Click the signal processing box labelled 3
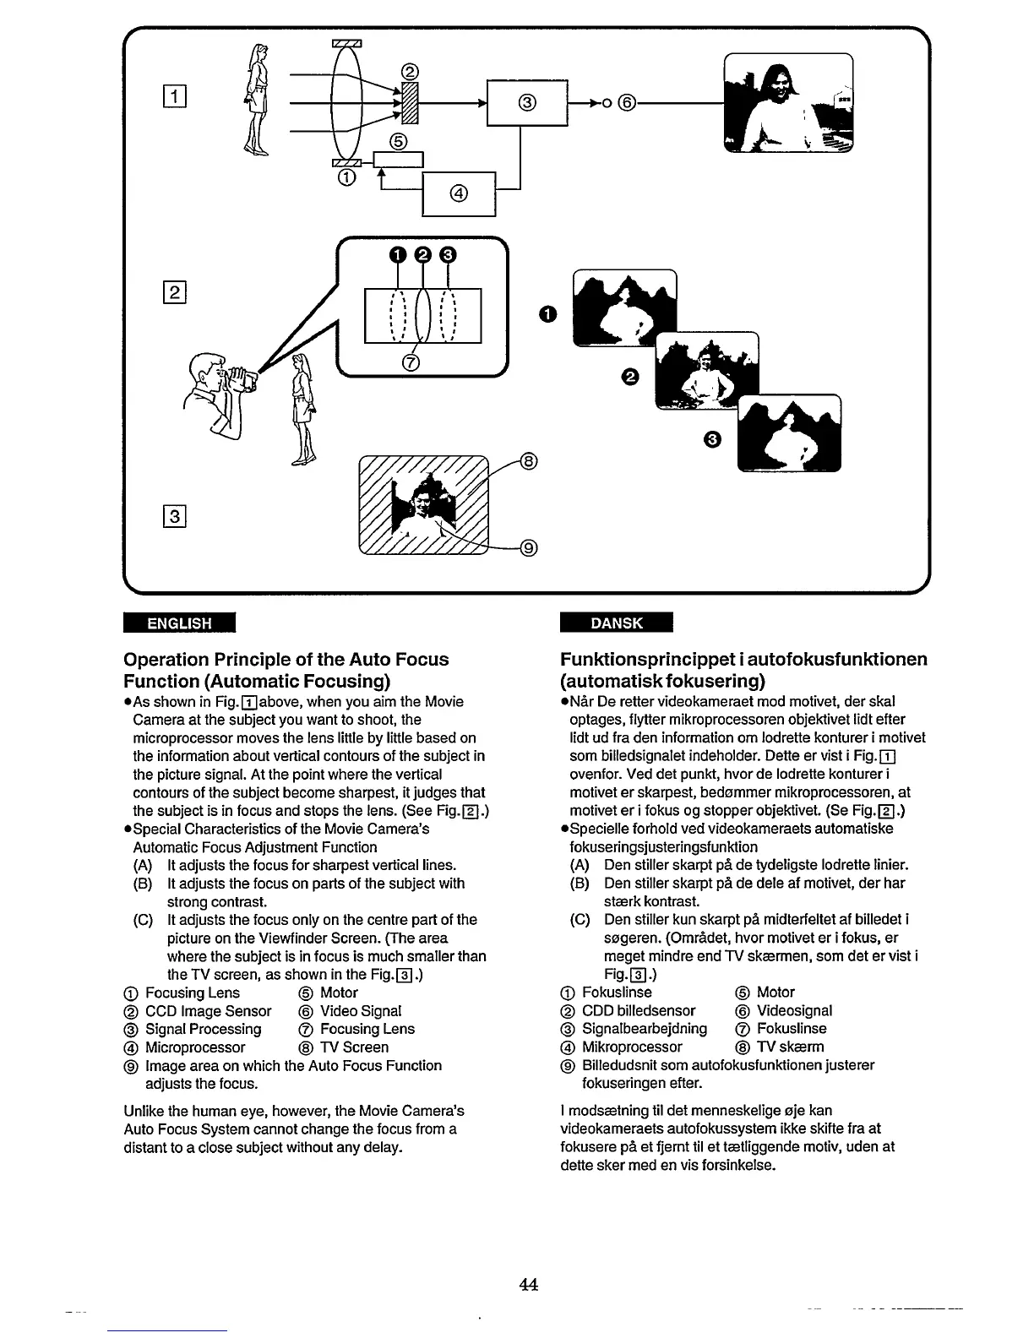[526, 103]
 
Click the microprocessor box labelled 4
[458, 193]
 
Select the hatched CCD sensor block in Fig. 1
[410, 103]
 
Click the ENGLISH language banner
[178, 623]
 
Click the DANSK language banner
[616, 623]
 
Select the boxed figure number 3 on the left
[175, 514]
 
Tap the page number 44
[529, 1285]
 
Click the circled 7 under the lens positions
[411, 362]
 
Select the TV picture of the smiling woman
[788, 103]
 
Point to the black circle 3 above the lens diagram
[448, 256]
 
